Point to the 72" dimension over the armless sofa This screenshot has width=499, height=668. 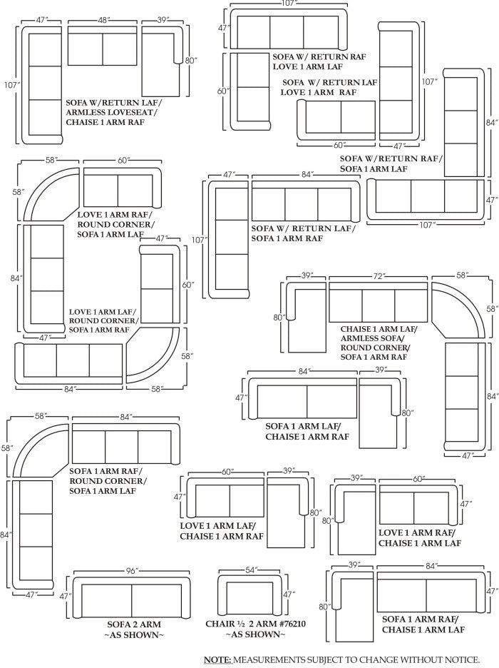(379, 275)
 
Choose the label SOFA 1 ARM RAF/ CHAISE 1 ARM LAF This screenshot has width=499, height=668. (423, 624)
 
